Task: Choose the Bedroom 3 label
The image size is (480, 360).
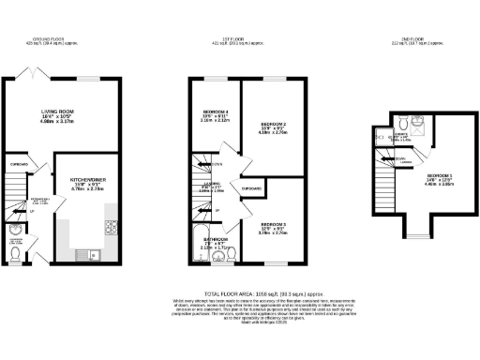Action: tap(273, 224)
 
